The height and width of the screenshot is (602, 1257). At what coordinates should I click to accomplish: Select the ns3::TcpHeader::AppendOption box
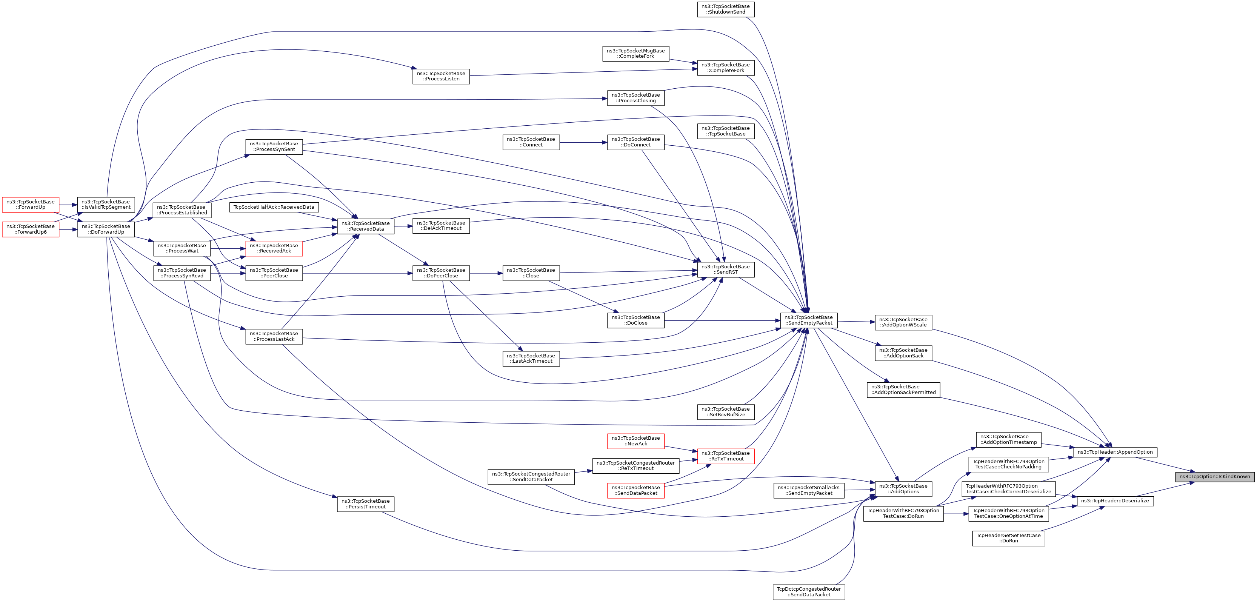click(1115, 452)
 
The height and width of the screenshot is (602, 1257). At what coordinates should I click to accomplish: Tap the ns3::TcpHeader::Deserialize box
click(1115, 501)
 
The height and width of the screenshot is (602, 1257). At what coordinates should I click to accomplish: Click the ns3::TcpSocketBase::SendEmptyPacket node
click(809, 320)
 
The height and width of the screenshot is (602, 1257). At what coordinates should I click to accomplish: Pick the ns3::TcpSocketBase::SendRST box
click(726, 269)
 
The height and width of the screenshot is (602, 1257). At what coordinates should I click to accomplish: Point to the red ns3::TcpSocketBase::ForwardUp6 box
click(30, 229)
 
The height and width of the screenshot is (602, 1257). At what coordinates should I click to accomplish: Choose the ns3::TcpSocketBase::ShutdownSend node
click(726, 9)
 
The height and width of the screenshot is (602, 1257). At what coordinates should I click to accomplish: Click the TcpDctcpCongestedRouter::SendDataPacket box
click(809, 592)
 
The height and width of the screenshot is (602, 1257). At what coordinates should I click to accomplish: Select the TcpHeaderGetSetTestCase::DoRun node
click(1008, 538)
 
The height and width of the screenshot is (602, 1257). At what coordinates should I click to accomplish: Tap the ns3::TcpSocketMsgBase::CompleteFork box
click(635, 53)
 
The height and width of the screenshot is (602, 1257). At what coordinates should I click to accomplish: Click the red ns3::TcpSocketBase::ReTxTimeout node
click(726, 456)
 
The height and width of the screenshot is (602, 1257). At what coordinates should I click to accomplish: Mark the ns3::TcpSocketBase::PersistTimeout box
click(366, 504)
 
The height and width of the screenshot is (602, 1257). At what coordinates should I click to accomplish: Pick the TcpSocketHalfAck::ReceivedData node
click(274, 207)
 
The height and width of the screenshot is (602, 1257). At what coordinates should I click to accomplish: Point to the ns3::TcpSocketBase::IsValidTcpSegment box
click(106, 205)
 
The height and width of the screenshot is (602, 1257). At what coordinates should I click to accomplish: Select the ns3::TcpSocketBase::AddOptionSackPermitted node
click(903, 390)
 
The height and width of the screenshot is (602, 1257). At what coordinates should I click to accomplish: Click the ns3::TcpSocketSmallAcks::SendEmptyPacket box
click(809, 490)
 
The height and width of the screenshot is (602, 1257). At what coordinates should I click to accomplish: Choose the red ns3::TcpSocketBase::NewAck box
click(635, 441)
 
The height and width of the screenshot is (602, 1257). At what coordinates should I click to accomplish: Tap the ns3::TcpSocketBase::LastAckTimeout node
click(531, 358)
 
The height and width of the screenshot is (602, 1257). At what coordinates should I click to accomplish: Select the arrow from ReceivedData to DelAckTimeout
click(403, 226)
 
